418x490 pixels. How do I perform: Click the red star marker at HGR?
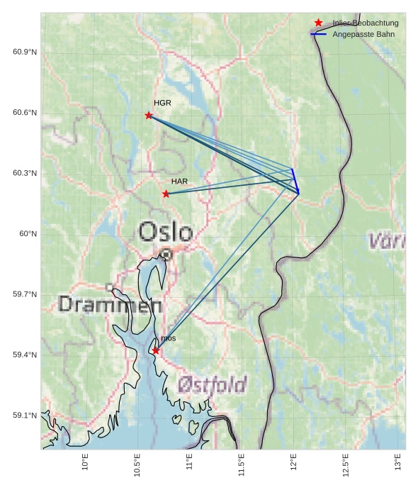pyautogui.click(x=149, y=115)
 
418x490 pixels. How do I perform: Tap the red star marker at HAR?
pyautogui.click(x=166, y=194)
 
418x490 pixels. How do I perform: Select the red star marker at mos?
pyautogui.click(x=156, y=350)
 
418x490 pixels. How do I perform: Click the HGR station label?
pyautogui.click(x=162, y=104)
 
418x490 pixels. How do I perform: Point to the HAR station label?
pyautogui.click(x=179, y=182)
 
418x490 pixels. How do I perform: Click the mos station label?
pyautogui.click(x=168, y=340)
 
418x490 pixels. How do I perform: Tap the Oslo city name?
pyautogui.click(x=166, y=232)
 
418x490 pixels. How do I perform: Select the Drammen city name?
pyautogui.click(x=110, y=304)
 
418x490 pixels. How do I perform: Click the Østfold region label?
pyautogui.click(x=213, y=385)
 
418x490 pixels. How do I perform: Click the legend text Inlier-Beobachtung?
pyautogui.click(x=366, y=23)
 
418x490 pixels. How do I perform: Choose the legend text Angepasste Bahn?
pyautogui.click(x=363, y=34)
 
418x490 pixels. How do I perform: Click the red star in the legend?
pyautogui.click(x=319, y=23)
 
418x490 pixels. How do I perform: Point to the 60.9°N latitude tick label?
pyautogui.click(x=25, y=52)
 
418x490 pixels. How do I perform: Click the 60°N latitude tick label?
pyautogui.click(x=28, y=234)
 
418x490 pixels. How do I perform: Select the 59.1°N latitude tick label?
pyautogui.click(x=25, y=416)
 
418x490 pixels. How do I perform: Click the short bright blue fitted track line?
pyautogui.click(x=295, y=180)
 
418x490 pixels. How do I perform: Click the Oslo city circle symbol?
pyautogui.click(x=166, y=253)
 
